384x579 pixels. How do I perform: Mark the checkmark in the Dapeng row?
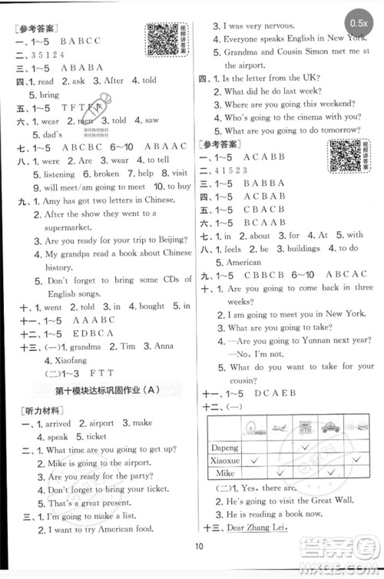307,447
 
